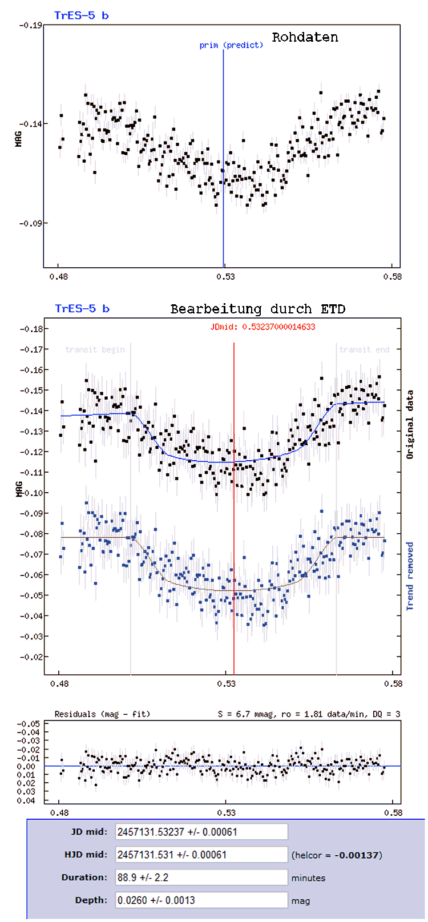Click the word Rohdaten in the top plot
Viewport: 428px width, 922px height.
(x=305, y=38)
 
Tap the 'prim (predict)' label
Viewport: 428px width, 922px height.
(x=231, y=45)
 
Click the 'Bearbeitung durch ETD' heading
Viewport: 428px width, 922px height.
(x=258, y=309)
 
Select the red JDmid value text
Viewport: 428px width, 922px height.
(x=263, y=327)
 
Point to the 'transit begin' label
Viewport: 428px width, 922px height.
(x=95, y=349)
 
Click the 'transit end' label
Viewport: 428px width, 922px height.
(x=364, y=349)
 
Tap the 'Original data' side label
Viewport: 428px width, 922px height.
(x=410, y=424)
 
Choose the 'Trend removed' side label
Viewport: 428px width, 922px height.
(x=410, y=576)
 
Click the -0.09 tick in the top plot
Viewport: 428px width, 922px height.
(x=30, y=223)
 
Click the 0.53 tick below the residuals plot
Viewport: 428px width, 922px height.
(x=226, y=812)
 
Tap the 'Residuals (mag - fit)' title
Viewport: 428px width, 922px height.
(x=102, y=714)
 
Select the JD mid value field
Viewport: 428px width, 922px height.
(x=201, y=832)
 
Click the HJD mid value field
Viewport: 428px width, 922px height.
(x=201, y=855)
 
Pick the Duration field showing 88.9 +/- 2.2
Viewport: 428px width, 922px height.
(x=201, y=877)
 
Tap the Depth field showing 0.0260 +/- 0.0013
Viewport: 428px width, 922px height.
(x=201, y=900)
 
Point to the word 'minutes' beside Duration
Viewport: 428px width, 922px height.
(x=308, y=878)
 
